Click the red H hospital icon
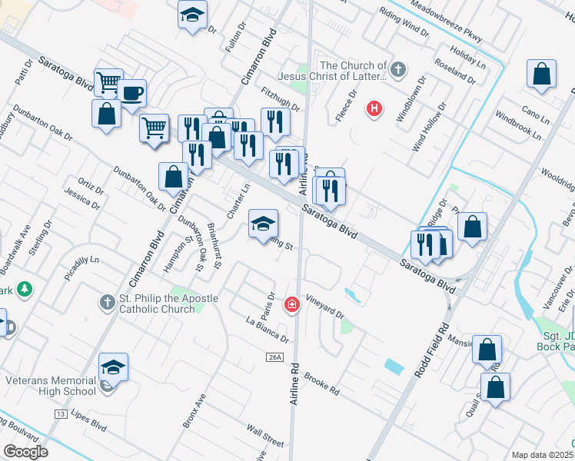(374, 108)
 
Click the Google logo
(25, 452)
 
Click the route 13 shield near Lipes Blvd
(59, 413)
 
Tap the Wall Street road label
(264, 438)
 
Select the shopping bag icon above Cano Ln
(542, 75)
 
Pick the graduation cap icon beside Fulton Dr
(191, 14)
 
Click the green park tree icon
(25, 289)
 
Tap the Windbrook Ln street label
(522, 123)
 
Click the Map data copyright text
(542, 455)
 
